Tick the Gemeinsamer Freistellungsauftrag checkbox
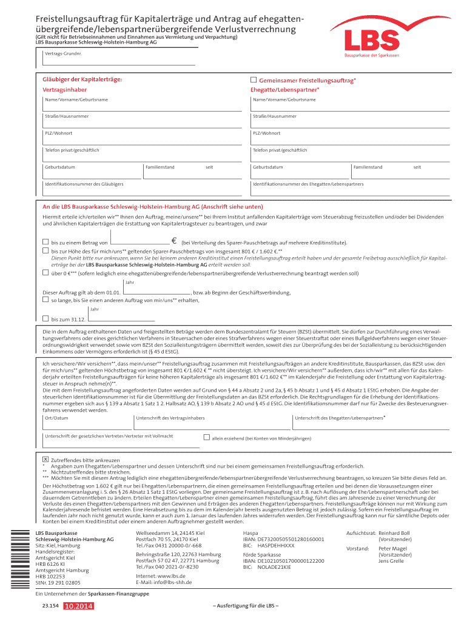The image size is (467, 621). coord(254,80)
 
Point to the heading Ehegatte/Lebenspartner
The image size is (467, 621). coord(284,90)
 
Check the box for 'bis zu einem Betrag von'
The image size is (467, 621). coord(45,242)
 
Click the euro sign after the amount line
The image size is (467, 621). coord(174,241)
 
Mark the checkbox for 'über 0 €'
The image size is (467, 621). coord(45,273)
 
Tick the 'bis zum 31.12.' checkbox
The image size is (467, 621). coord(45,318)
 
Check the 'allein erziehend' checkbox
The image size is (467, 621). coord(206,437)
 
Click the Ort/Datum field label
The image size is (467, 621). coord(56,418)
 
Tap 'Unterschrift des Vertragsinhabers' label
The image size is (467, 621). coord(170,418)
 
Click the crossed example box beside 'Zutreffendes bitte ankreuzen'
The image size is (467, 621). coord(45,460)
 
